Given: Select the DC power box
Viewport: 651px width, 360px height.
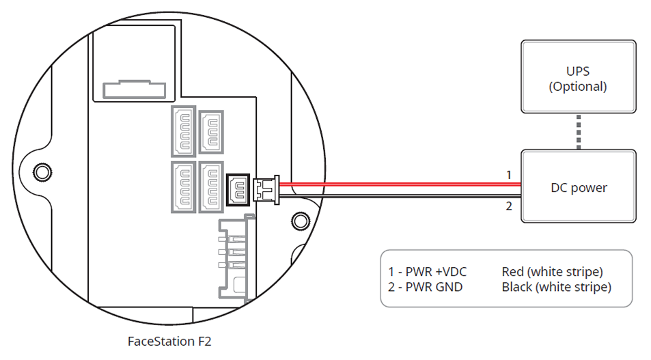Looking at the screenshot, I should click(x=578, y=186).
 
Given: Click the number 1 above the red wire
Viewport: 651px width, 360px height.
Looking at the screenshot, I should click(x=508, y=175).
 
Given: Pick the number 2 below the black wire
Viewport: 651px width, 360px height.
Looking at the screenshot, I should click(x=508, y=206).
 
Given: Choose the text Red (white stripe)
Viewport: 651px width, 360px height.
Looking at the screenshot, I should click(x=552, y=272).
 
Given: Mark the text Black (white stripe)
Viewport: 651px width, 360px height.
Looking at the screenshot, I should click(x=556, y=287).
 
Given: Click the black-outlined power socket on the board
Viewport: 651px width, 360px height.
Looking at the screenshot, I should click(x=238, y=189).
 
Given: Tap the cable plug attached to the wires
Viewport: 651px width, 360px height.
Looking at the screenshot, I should click(x=266, y=189).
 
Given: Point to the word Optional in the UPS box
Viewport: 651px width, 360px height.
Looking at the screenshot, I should click(x=578, y=87).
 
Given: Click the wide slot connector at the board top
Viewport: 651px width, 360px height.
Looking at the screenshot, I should click(x=134, y=89).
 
